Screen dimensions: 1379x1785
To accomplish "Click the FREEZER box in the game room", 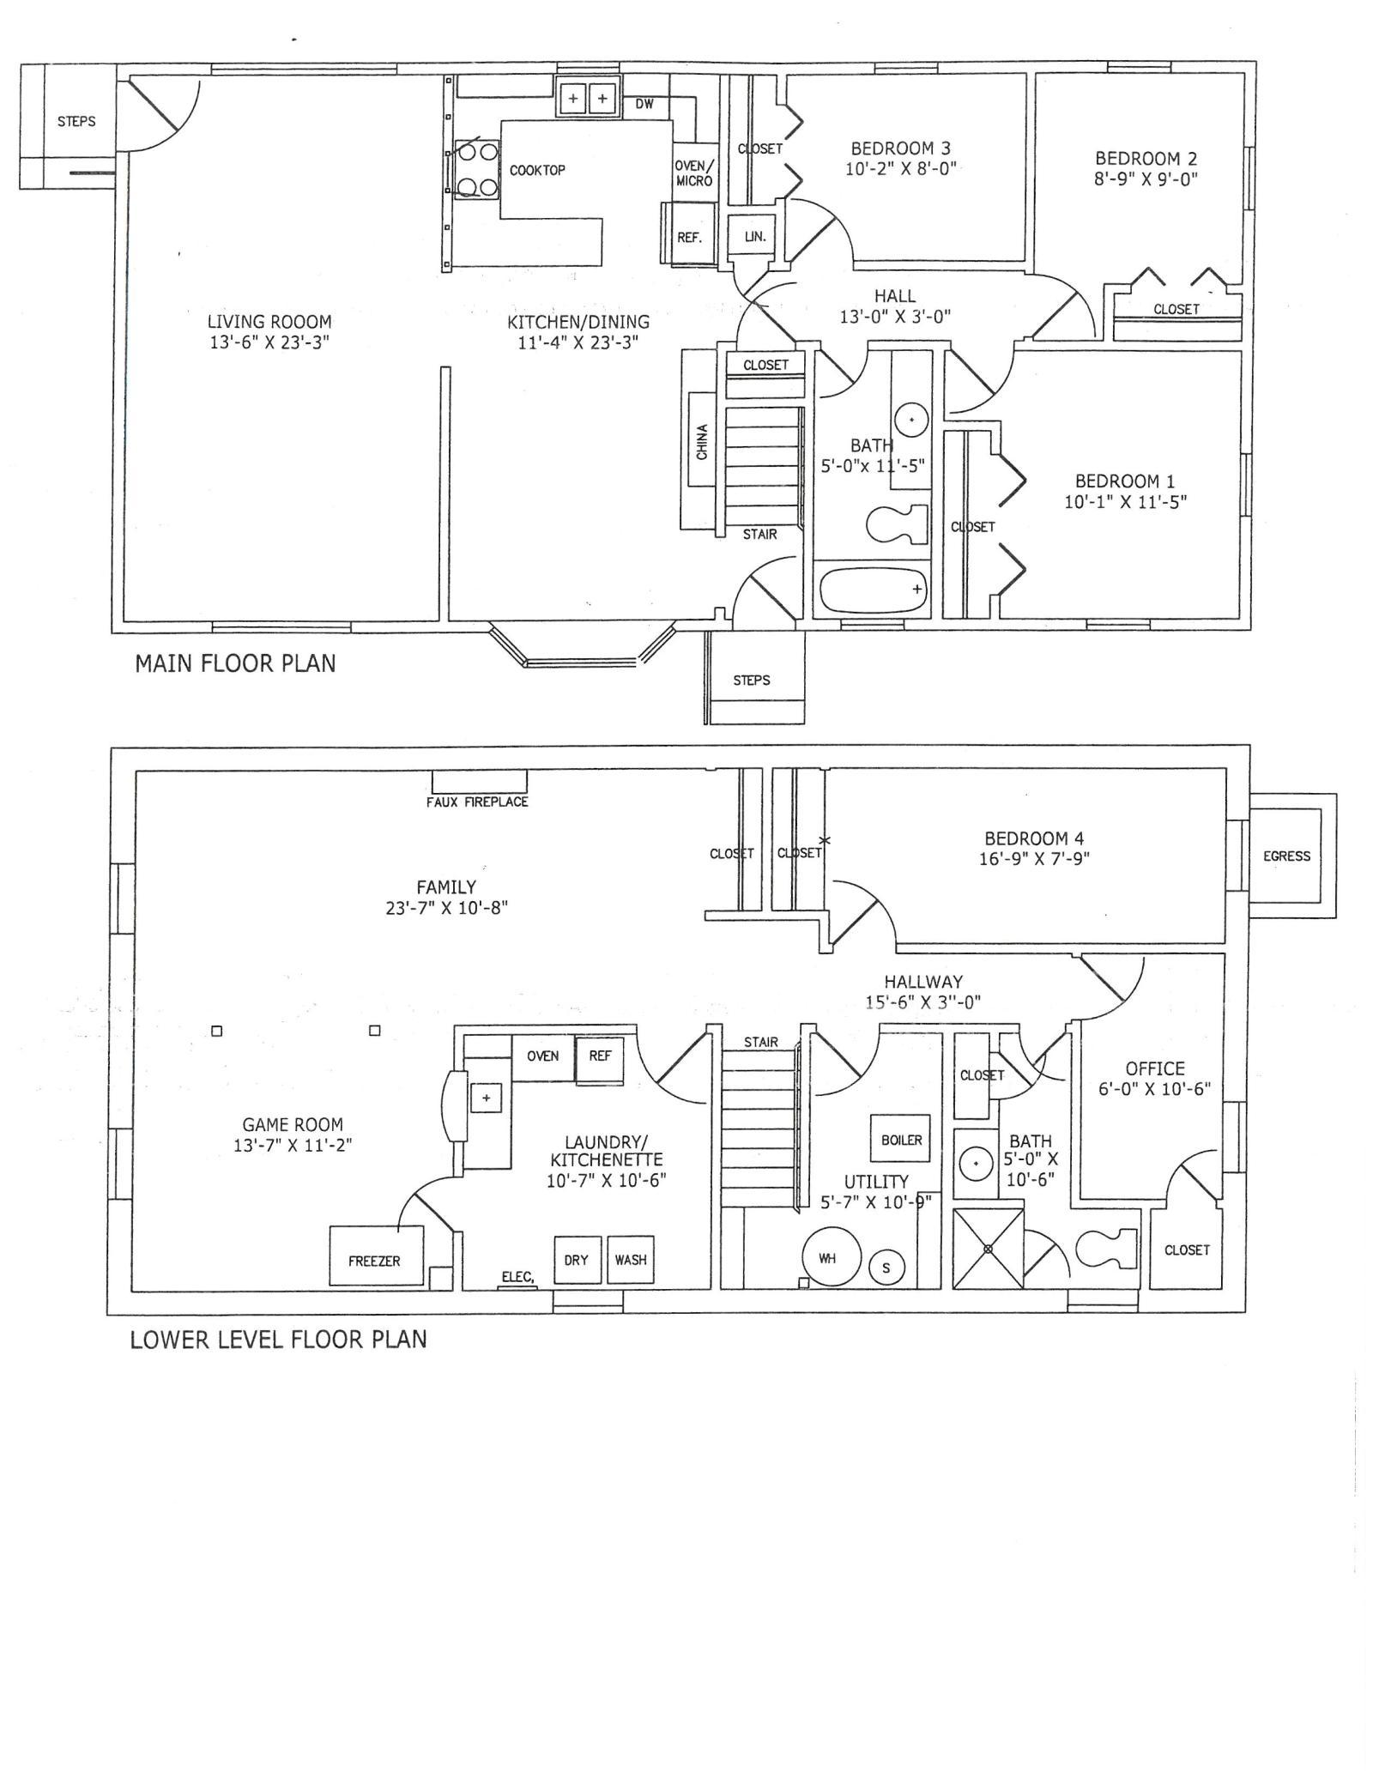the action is click(x=377, y=1256).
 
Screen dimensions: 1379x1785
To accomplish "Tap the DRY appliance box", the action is click(x=577, y=1260).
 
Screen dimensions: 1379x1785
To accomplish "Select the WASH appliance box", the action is click(x=631, y=1260).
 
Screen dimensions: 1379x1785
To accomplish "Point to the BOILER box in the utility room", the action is click(x=901, y=1141).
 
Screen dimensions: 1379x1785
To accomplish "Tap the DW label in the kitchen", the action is click(x=644, y=105).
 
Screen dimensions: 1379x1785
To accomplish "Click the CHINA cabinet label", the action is click(x=702, y=442).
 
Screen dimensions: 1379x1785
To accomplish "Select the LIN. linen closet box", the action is click(x=754, y=235).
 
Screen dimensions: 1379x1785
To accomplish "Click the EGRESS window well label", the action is click(x=1286, y=856).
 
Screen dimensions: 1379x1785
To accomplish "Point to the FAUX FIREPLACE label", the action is click(x=477, y=802).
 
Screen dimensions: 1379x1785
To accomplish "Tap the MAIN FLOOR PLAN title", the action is click(x=235, y=663).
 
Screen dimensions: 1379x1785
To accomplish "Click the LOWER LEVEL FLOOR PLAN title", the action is click(x=278, y=1340).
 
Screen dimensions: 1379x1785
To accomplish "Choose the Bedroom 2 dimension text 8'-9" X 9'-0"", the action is click(x=1146, y=179).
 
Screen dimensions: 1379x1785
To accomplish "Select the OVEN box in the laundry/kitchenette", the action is click(x=543, y=1057).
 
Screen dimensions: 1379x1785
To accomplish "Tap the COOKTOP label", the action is click(x=537, y=170).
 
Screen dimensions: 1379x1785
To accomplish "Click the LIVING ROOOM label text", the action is click(x=269, y=322).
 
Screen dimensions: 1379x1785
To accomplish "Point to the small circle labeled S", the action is click(x=886, y=1268).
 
